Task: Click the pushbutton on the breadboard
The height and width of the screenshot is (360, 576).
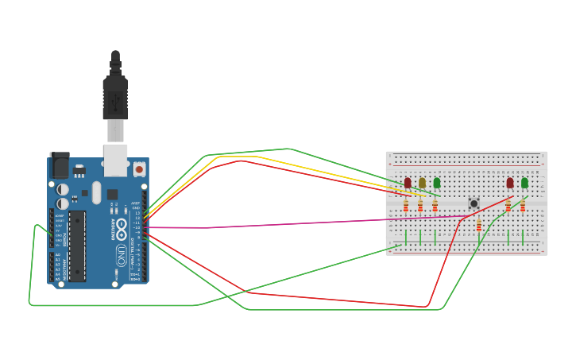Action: click(474, 203)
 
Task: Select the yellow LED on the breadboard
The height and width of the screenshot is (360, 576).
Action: click(422, 184)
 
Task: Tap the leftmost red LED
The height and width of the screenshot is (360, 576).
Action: click(408, 184)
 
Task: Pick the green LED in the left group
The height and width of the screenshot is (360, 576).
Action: click(436, 184)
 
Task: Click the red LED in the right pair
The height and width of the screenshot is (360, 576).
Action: click(510, 184)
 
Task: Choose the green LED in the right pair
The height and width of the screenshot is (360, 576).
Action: click(524, 184)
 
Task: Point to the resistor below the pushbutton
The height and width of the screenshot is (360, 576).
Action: click(478, 226)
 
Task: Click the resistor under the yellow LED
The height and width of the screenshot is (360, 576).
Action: click(420, 206)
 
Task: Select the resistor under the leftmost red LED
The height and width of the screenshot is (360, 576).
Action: click(406, 206)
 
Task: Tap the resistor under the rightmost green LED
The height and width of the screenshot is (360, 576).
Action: click(523, 206)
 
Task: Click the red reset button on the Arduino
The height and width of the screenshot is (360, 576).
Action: click(139, 168)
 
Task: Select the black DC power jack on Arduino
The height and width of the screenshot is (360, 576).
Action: click(59, 165)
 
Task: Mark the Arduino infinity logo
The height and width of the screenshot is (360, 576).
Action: click(121, 230)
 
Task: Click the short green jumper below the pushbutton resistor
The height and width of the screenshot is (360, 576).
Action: click(478, 237)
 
